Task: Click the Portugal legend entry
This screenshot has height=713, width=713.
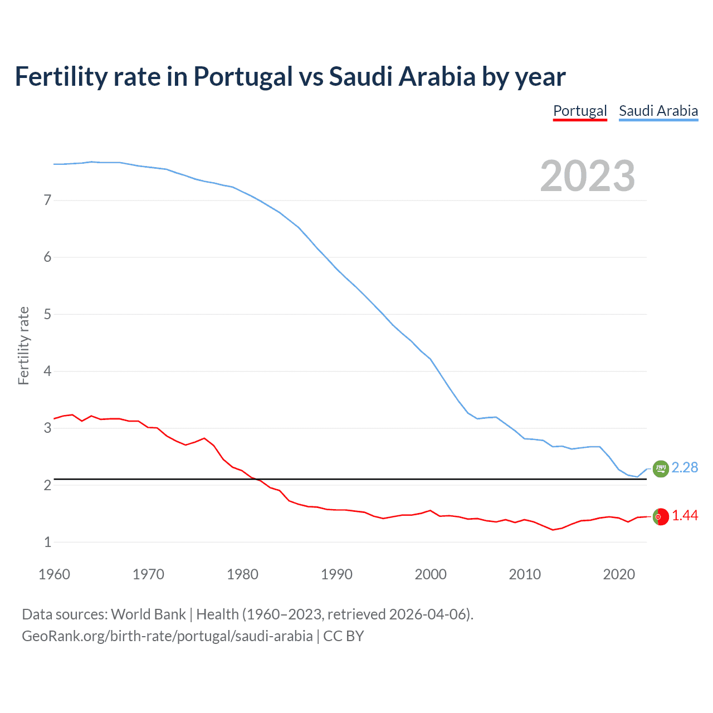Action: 580,111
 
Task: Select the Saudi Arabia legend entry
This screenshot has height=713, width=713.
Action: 658,111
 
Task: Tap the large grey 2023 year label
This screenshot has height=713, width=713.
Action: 588,176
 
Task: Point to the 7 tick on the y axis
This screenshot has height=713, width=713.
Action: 47,200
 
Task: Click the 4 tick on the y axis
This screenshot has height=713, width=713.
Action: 47,371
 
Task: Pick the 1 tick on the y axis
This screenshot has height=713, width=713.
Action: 47,542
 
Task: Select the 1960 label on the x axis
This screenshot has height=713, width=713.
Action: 54,574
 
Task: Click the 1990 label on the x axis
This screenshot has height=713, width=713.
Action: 336,574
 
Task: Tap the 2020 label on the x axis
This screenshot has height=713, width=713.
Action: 619,574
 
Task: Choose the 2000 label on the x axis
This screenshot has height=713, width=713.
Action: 431,574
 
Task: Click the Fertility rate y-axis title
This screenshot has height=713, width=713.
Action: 23,345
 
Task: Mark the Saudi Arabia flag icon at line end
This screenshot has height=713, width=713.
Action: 660,469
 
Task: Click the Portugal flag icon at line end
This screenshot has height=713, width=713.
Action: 660,517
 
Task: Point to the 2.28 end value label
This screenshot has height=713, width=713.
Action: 685,467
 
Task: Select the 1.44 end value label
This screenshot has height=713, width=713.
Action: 685,516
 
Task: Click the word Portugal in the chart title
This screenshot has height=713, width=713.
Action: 243,76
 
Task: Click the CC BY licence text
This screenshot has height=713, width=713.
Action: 344,636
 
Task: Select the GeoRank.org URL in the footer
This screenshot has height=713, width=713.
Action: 167,636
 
